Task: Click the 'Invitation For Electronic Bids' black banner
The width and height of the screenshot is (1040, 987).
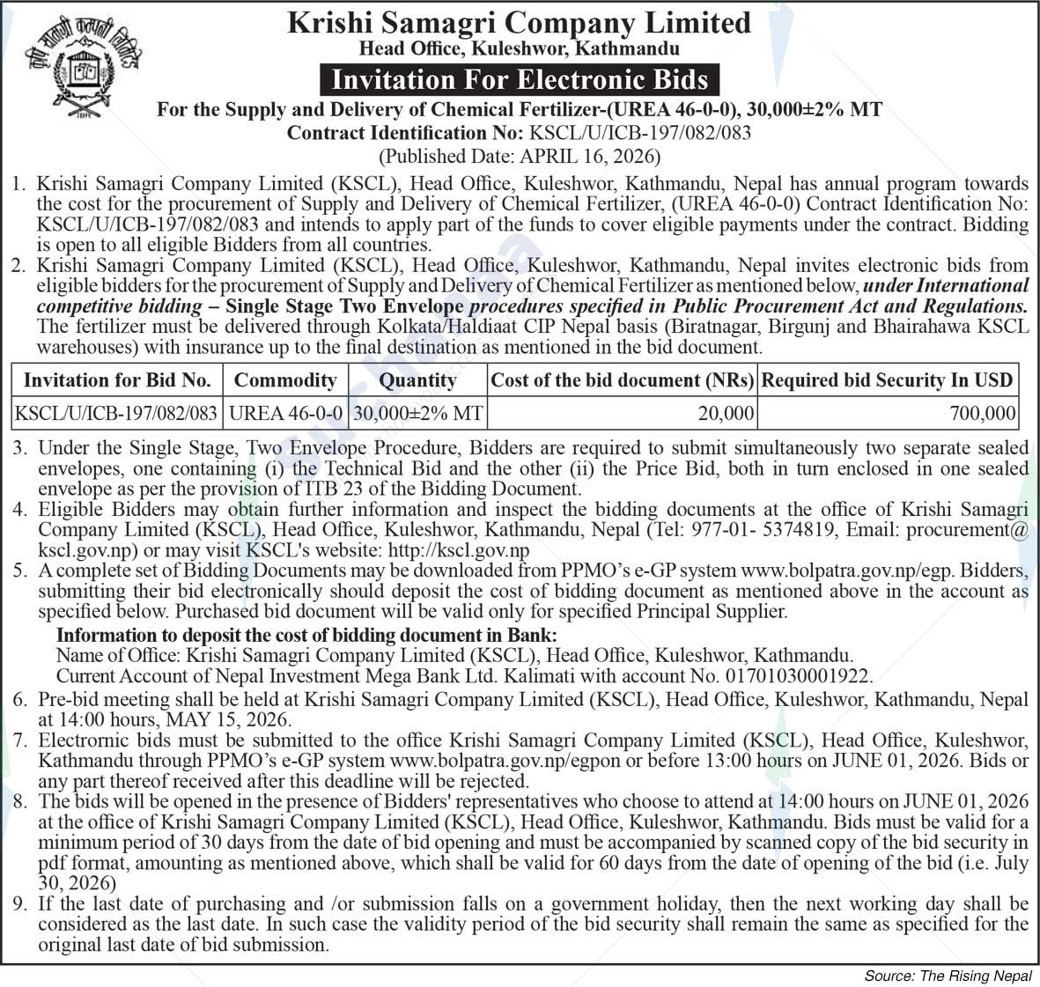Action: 519,80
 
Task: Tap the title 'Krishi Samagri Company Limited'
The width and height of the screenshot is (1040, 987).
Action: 519,23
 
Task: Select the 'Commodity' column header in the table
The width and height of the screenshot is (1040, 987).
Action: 285,380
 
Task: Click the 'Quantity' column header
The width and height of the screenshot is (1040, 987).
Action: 417,380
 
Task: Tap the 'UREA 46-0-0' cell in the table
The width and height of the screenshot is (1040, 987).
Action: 285,412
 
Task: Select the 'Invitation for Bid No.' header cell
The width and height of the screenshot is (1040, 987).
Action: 117,380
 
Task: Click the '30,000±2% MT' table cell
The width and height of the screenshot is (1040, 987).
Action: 417,412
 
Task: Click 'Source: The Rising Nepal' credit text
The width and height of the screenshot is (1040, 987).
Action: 948,976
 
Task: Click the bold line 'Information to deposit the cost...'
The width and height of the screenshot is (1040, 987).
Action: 306,635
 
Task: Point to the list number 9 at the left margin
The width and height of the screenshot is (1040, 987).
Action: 20,904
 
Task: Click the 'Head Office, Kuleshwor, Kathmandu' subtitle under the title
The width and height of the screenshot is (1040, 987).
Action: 519,48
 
